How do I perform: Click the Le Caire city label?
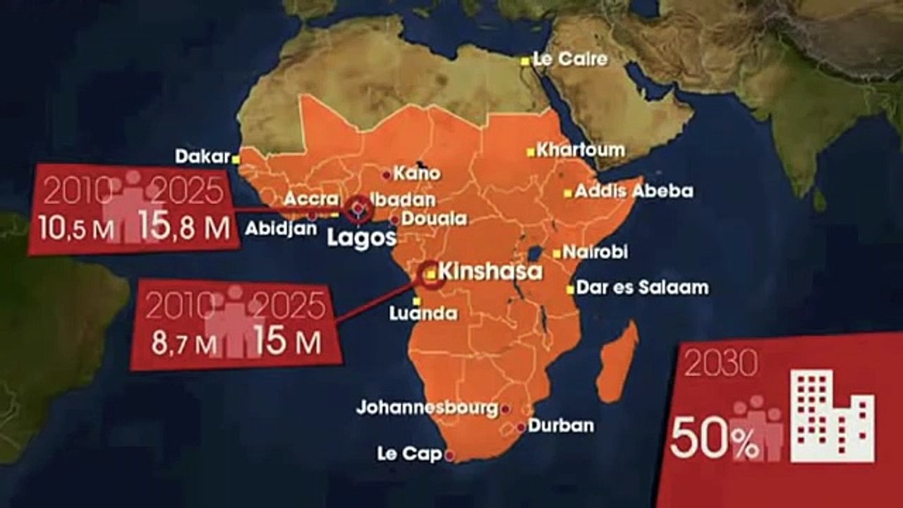pyautogui.click(x=571, y=59)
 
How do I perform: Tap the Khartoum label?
pyautogui.click(x=581, y=150)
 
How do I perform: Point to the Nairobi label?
pyautogui.click(x=600, y=253)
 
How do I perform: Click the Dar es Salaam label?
pyautogui.click(x=642, y=288)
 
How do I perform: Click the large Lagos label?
pyautogui.click(x=362, y=238)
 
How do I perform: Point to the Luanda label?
pyautogui.click(x=423, y=315)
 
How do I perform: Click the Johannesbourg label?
pyautogui.click(x=427, y=408)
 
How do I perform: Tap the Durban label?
pyautogui.click(x=560, y=426)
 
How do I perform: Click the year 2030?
pyautogui.click(x=715, y=364)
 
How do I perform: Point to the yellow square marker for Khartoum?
pyautogui.click(x=530, y=151)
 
